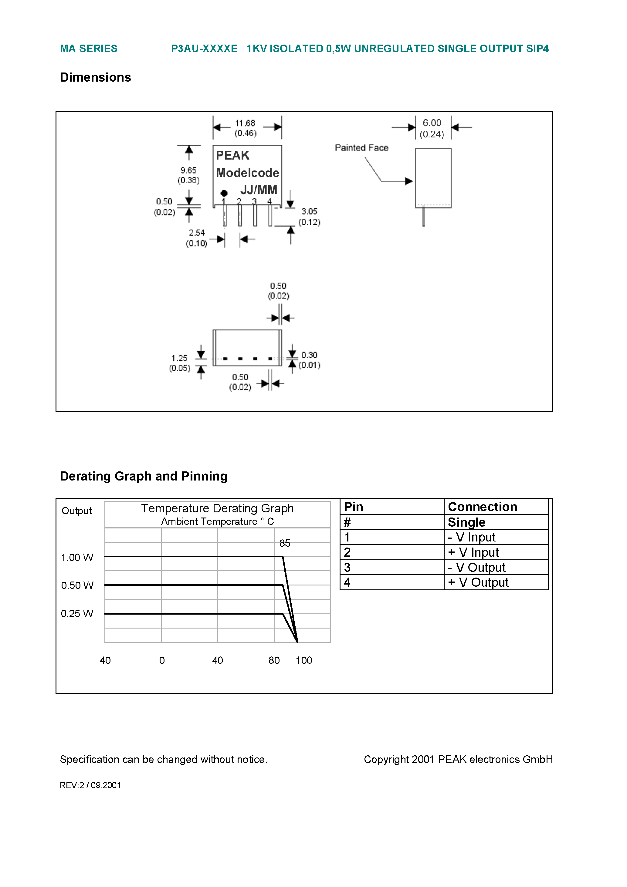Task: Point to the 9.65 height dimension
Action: [188, 171]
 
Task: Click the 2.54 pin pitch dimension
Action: [196, 233]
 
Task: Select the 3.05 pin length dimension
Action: [309, 212]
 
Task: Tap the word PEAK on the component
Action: [232, 155]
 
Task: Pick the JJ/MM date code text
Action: [259, 190]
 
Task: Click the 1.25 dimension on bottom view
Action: [179, 358]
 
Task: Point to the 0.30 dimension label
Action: [309, 355]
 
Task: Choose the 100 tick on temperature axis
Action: [303, 660]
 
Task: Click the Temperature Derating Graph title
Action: [217, 508]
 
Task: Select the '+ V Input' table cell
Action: [473, 552]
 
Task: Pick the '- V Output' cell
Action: [476, 568]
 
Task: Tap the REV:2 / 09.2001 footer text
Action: [90, 785]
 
